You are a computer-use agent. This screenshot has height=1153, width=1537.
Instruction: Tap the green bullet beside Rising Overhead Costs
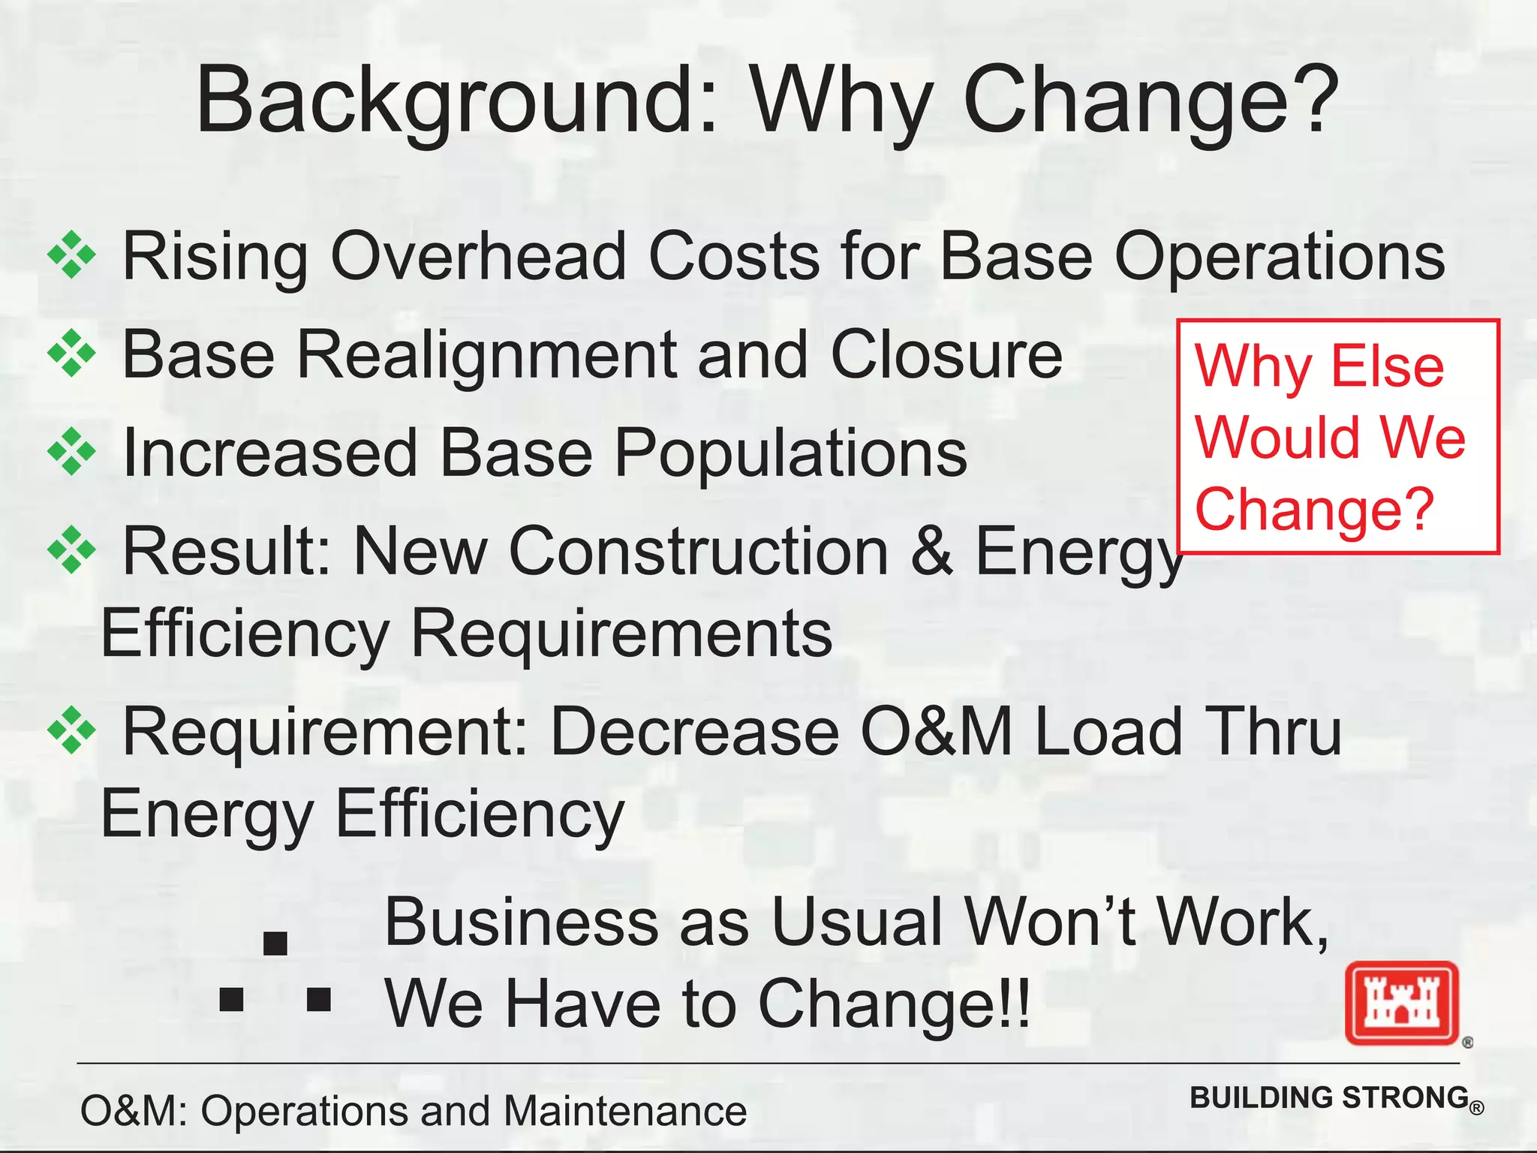pos(71,256)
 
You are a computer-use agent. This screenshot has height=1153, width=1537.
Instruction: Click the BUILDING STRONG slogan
pos(1329,1097)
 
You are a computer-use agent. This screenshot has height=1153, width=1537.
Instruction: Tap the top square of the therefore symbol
pos(275,943)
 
